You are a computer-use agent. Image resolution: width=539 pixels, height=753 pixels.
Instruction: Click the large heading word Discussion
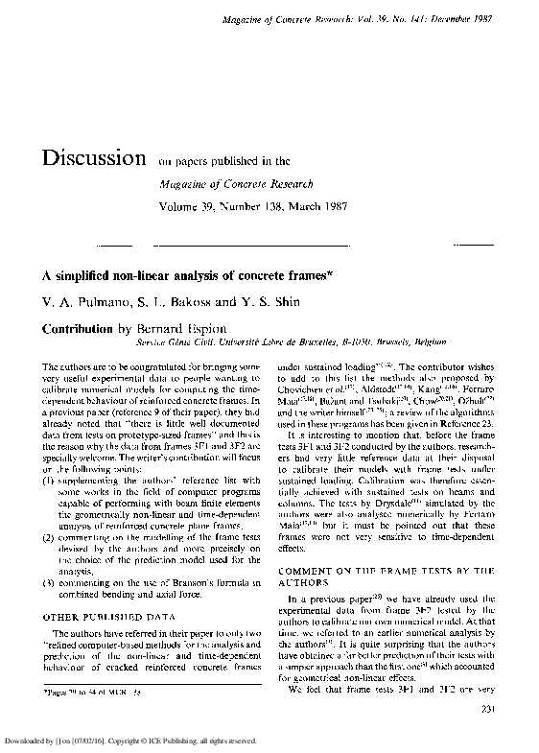coord(86,158)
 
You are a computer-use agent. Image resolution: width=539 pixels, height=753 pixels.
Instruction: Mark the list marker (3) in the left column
coord(48,557)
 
